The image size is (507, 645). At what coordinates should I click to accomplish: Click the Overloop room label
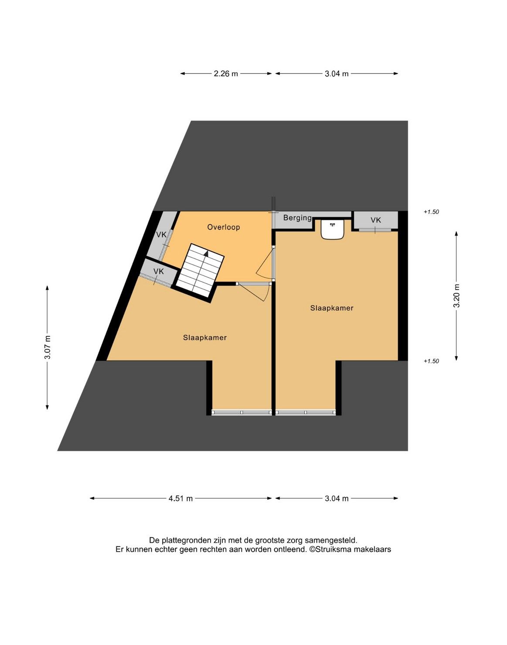223,227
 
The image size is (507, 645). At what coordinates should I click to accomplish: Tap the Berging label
297,218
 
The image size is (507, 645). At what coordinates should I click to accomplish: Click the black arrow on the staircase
206,253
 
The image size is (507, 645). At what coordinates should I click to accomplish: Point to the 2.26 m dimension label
226,74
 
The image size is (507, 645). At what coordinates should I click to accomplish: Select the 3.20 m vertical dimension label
457,295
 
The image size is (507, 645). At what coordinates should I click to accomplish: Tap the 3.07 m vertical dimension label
48,347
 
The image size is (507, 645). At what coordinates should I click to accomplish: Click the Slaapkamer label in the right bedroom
332,308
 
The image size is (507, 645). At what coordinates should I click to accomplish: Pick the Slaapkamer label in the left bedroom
205,337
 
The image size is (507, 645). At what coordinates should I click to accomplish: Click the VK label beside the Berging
375,220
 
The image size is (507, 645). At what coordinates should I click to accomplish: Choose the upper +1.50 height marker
431,212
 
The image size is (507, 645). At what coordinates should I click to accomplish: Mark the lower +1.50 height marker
431,361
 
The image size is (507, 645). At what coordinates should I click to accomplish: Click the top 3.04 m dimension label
337,74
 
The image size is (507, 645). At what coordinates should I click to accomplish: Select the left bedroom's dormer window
242,412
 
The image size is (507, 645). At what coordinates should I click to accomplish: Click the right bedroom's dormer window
306,412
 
